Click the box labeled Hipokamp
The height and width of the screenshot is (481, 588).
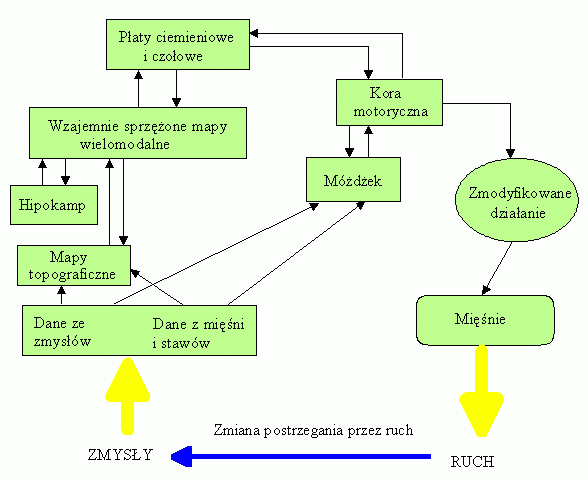pyautogui.click(x=54, y=205)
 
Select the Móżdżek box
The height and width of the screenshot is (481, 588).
pyautogui.click(x=353, y=180)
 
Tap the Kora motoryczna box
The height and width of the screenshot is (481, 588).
pyautogui.click(x=389, y=102)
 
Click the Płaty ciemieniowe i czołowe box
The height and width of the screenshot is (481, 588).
pyautogui.click(x=178, y=45)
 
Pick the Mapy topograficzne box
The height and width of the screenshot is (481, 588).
pyautogui.click(x=74, y=265)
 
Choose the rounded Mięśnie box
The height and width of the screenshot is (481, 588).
pyautogui.click(x=485, y=320)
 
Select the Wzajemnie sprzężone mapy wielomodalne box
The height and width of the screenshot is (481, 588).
pyautogui.click(x=138, y=133)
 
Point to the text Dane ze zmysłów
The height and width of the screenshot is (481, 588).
pyautogui.click(x=62, y=332)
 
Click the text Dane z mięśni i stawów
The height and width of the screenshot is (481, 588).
pyautogui.click(x=198, y=333)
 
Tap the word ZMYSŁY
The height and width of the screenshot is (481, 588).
pyautogui.click(x=121, y=455)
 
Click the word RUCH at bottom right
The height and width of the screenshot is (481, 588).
pyautogui.click(x=472, y=462)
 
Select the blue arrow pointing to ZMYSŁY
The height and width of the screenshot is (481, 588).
pyautogui.click(x=301, y=456)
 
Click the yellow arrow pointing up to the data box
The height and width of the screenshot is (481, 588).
pyautogui.click(x=128, y=396)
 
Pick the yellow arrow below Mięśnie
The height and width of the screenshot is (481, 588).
pyautogui.click(x=482, y=391)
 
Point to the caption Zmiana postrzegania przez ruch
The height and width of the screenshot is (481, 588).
pyautogui.click(x=314, y=430)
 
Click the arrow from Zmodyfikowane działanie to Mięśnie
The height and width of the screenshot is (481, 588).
pyautogui.click(x=497, y=268)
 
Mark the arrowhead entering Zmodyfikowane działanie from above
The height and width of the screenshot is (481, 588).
pyautogui.click(x=510, y=153)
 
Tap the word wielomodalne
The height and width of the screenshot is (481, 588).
pyautogui.click(x=125, y=144)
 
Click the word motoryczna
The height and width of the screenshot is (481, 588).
pyautogui.click(x=390, y=111)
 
